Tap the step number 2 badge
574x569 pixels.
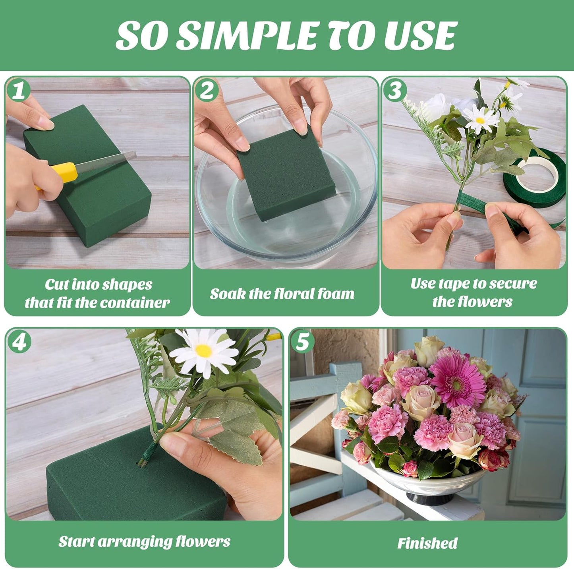click(207, 90)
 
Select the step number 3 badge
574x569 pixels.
click(395, 90)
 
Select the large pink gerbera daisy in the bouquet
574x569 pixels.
click(458, 380)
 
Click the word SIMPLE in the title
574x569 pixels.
click(246, 35)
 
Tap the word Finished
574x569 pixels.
click(427, 543)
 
